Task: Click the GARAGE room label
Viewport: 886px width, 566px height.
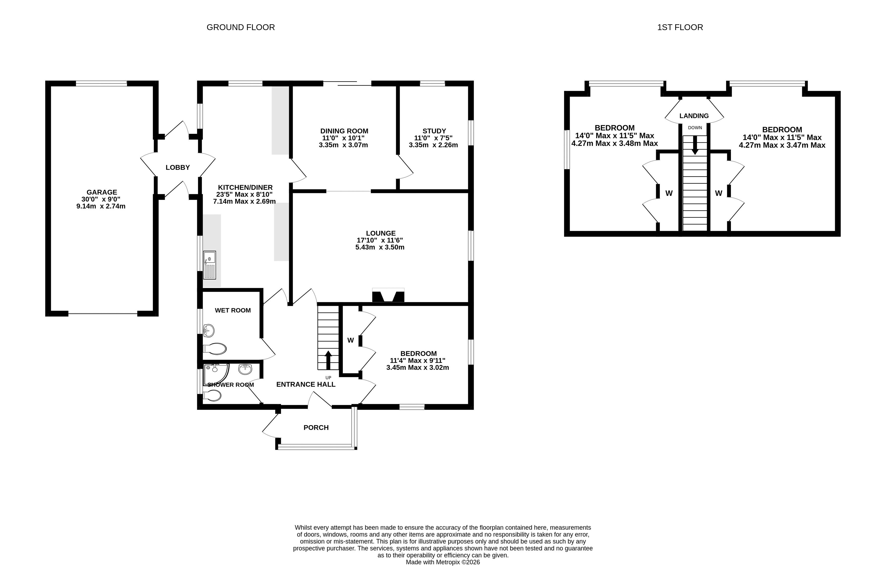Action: point(102,192)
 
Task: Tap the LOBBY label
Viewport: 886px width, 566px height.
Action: point(178,168)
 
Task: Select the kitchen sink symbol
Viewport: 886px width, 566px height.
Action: point(210,265)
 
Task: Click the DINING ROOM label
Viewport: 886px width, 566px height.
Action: point(344,131)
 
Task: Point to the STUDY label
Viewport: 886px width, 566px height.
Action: point(434,131)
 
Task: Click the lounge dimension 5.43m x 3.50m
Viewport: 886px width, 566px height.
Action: point(380,247)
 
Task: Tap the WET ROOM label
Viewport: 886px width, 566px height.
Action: point(233,310)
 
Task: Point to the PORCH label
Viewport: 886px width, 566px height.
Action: point(316,428)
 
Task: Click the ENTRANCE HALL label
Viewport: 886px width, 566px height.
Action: point(306,384)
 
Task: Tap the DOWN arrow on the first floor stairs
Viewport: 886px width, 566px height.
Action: point(695,145)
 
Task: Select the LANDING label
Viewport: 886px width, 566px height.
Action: point(694,116)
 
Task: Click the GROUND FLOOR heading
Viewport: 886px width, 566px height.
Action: point(241,27)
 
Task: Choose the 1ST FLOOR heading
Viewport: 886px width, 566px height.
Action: point(680,27)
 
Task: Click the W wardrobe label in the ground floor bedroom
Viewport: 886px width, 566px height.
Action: point(351,340)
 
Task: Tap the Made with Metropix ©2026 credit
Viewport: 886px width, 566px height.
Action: point(443,562)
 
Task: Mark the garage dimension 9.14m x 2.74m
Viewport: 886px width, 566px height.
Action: point(101,206)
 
